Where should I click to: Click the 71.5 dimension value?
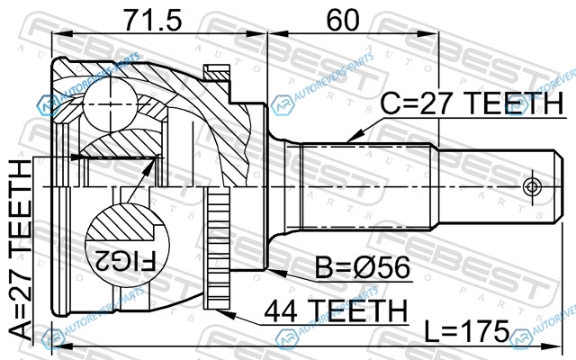pos(152,20)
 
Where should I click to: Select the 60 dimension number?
pos(342,20)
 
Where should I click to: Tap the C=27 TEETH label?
pos(472,103)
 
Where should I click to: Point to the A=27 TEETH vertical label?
pos(20,250)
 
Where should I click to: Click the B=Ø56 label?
pos(362,267)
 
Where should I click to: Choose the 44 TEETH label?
pos(336,310)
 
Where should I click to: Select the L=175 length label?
pos(466,331)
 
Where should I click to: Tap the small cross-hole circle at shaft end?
pos(532,187)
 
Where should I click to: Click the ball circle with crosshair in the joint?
pos(110,105)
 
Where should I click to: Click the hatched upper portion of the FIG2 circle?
pos(124,222)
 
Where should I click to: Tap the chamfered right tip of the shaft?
pos(558,186)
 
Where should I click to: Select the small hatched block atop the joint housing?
pos(217,73)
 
